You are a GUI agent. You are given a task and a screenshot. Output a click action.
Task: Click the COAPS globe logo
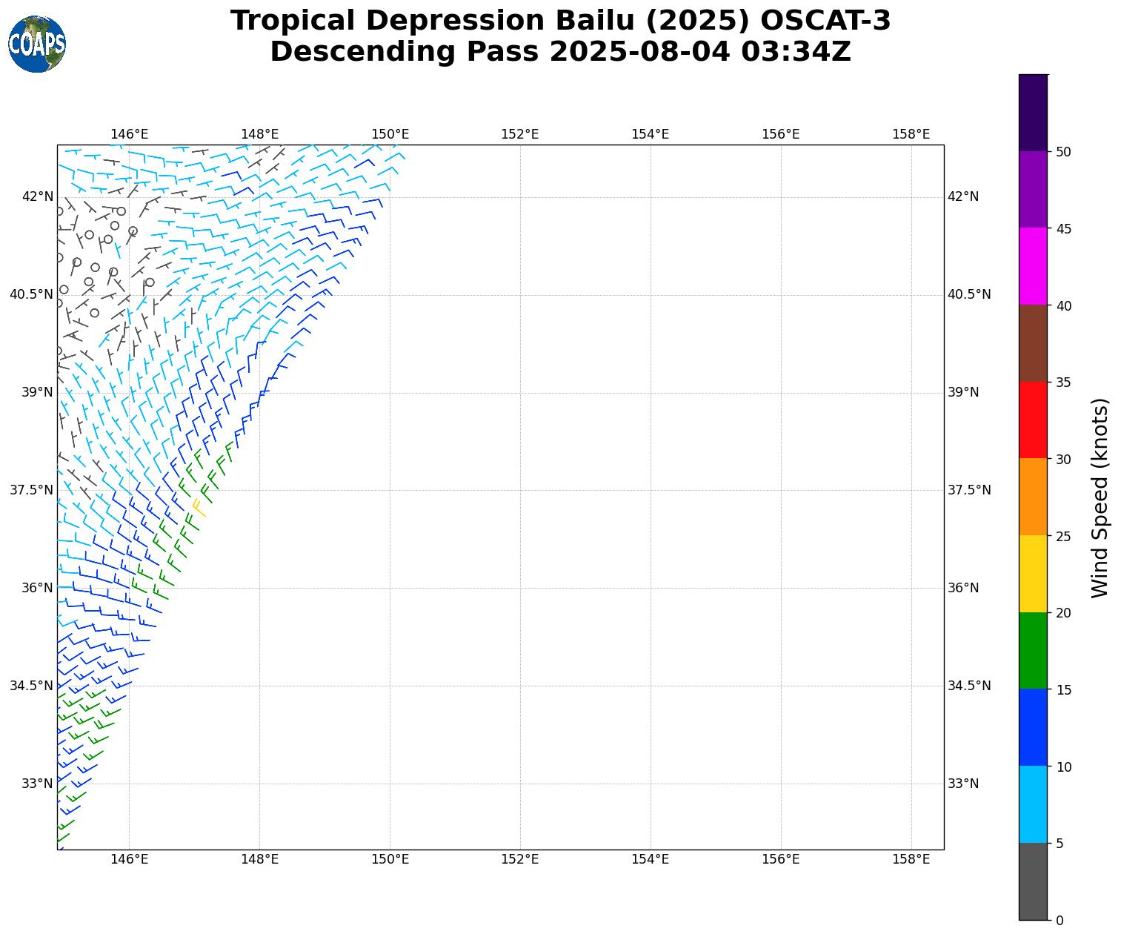(x=37, y=44)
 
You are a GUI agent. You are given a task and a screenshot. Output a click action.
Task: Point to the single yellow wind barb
(x=199, y=507)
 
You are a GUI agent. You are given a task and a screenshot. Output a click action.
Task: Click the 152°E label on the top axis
(x=520, y=134)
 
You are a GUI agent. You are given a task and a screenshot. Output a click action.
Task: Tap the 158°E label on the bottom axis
(x=911, y=859)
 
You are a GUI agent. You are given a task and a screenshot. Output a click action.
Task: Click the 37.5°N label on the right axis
(x=969, y=490)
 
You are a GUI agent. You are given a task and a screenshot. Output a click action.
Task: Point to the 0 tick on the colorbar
(x=1059, y=920)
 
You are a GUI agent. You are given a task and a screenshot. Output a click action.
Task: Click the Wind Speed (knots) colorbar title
(x=1101, y=497)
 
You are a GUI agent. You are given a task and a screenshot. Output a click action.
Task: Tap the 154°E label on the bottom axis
(x=650, y=859)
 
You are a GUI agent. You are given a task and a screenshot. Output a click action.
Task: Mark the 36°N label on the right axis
(x=963, y=588)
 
